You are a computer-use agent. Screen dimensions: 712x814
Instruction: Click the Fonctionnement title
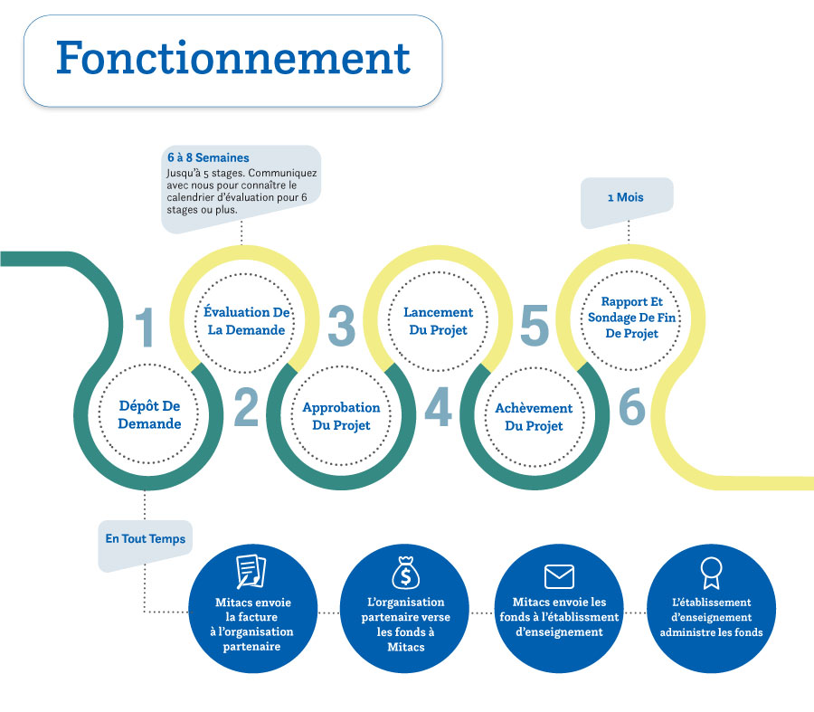[x=232, y=59]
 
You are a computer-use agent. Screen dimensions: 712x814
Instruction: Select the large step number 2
[x=246, y=408]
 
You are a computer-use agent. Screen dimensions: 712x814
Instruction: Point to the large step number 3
[x=341, y=327]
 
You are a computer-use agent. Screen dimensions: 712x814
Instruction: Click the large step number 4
[x=438, y=408]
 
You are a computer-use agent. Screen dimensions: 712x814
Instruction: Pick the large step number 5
[x=535, y=327]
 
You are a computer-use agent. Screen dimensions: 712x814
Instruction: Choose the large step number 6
[x=632, y=408]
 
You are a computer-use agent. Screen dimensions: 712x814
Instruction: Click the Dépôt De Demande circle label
[x=150, y=415]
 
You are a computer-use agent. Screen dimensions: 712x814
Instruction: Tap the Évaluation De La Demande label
[x=246, y=321]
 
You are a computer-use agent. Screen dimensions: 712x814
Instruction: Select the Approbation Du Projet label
[x=341, y=416]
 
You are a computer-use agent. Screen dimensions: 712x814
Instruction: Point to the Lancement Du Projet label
[x=438, y=321]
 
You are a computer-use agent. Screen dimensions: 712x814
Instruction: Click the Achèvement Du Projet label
[x=534, y=416]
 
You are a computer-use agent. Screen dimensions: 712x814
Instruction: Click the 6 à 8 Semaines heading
[x=208, y=157]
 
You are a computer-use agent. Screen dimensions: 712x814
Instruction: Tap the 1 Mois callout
[x=625, y=197]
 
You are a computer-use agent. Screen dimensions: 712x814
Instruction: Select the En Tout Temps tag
[x=145, y=539]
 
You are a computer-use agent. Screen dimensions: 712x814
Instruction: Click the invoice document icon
[x=251, y=571]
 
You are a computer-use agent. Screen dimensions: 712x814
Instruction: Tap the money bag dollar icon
[x=403, y=571]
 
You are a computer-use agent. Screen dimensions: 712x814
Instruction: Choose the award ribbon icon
[x=711, y=572]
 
